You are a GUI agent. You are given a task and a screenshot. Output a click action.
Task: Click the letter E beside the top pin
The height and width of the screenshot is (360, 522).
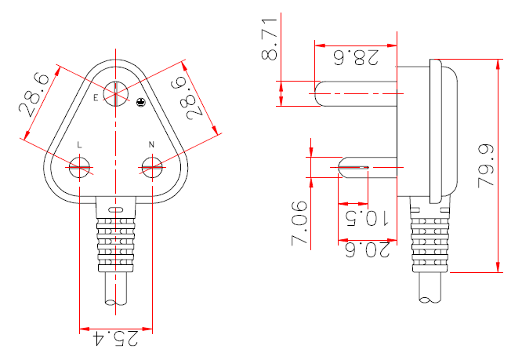(96, 97)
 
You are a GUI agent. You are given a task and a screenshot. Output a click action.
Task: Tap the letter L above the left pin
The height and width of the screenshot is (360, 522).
(80, 145)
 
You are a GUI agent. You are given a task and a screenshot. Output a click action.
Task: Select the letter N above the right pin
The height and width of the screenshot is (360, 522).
(150, 145)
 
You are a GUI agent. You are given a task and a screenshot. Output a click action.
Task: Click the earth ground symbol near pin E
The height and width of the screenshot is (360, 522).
(140, 102)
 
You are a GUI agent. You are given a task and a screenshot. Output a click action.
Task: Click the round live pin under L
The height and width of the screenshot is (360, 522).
(80, 166)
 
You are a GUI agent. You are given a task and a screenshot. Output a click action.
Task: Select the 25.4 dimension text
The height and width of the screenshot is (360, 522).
(116, 338)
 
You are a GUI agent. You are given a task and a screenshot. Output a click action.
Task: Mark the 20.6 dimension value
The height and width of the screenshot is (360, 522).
(364, 249)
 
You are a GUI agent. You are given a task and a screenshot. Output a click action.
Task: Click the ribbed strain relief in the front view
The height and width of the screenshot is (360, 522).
(115, 240)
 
